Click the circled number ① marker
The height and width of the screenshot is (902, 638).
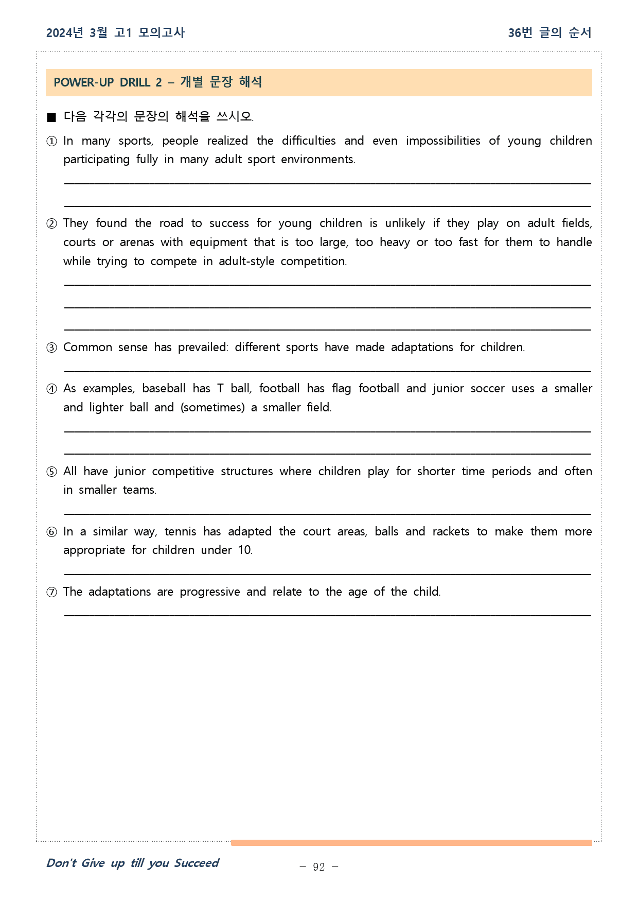[51, 141]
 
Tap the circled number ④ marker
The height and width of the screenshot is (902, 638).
[51, 389]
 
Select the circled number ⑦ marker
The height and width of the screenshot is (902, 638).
[51, 592]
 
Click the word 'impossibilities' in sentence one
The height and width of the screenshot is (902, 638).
[442, 141]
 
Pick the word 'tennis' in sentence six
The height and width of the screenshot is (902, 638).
[180, 532]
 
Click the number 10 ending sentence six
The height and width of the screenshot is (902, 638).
[244, 550]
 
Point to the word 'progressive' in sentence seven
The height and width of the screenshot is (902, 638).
[209, 592]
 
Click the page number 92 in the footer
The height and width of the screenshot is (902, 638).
[319, 867]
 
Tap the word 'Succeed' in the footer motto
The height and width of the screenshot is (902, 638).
[196, 863]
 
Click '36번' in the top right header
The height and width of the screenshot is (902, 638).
[520, 33]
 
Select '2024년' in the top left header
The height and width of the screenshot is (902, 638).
[64, 33]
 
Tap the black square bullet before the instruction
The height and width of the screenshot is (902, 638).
[51, 117]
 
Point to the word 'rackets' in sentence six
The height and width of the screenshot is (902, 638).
[451, 532]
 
